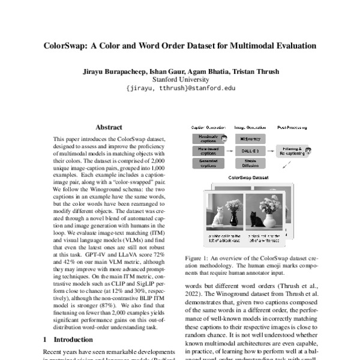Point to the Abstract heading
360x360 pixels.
point(109,127)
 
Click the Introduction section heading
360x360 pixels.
point(70,340)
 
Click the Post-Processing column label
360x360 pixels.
point(293,127)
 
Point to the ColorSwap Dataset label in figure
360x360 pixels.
point(247,178)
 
